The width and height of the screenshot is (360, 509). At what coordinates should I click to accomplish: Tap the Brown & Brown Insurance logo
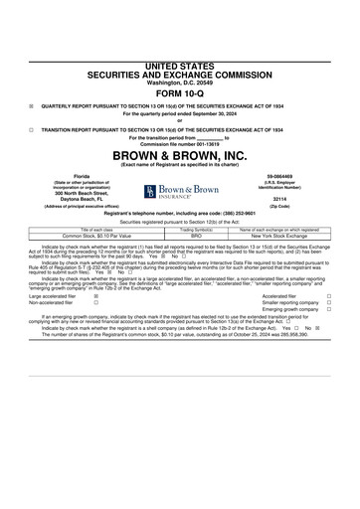pyautogui.click(x=179, y=191)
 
